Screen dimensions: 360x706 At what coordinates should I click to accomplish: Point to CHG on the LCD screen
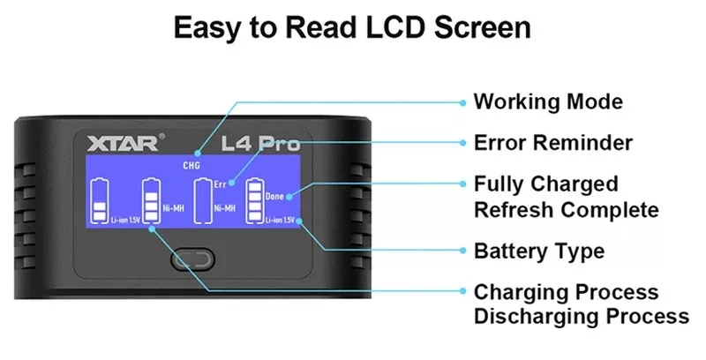(x=192, y=166)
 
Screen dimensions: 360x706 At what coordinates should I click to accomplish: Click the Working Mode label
(x=548, y=101)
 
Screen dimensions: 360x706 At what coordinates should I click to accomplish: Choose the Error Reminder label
(x=553, y=143)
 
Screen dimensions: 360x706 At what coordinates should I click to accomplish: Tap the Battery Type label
(x=539, y=251)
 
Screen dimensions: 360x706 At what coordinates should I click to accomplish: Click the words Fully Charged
(x=545, y=184)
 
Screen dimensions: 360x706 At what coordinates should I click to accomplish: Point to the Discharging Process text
(x=581, y=317)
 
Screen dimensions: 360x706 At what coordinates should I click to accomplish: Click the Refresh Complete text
(x=566, y=210)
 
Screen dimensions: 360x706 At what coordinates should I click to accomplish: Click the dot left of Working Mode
(x=462, y=101)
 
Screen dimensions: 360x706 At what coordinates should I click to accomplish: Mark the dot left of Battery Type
(x=462, y=251)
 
